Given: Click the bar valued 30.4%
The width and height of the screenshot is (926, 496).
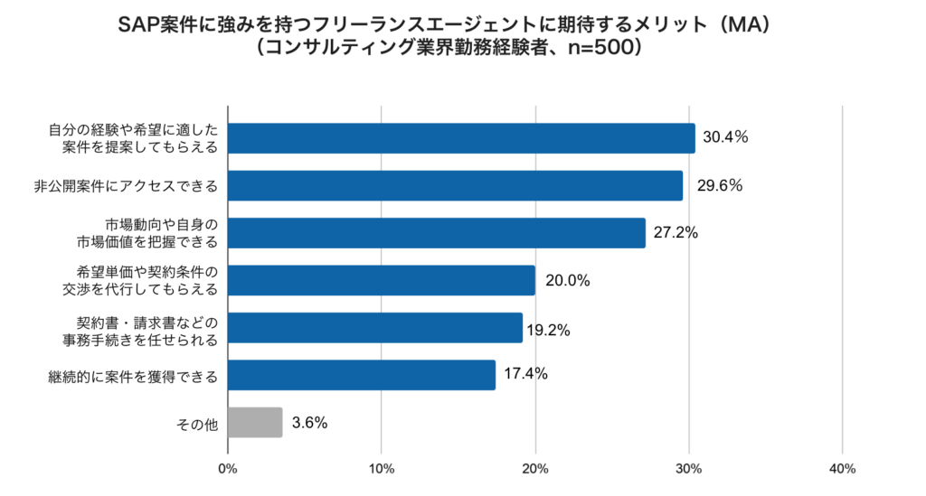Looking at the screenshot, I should click(461, 138).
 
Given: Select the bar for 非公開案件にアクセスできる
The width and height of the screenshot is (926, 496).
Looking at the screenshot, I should click(455, 186).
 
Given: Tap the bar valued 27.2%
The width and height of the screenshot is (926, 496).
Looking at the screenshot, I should click(437, 233).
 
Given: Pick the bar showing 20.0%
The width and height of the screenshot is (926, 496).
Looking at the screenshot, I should click(382, 280).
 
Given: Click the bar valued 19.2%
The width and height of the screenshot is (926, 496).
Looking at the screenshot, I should click(375, 328).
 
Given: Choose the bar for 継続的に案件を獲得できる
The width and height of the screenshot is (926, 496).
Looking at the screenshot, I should click(362, 375).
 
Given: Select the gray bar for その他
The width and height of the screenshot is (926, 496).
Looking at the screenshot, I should click(255, 422).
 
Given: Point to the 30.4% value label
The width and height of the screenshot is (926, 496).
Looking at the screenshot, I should click(726, 138).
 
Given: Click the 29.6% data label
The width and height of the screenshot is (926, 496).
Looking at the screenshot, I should click(720, 186).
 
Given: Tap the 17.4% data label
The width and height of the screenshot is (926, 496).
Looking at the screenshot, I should click(526, 374).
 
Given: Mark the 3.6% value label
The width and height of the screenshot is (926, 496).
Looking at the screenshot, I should click(309, 422).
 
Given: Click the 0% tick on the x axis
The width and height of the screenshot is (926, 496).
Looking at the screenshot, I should click(228, 469).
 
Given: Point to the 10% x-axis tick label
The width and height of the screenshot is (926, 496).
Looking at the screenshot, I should click(382, 469).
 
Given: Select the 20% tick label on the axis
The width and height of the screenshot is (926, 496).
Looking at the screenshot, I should click(535, 469).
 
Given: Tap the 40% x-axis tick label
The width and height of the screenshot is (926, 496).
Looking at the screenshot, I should click(842, 469).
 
